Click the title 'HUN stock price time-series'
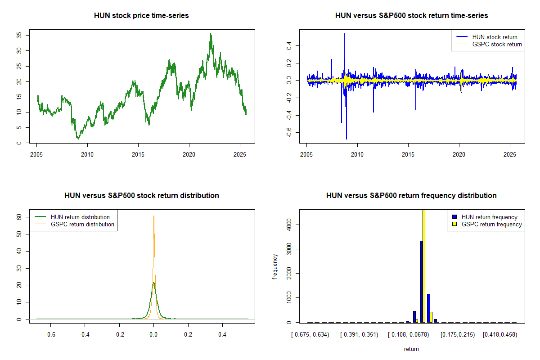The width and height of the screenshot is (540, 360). [x=141, y=15]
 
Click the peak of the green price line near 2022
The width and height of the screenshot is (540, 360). [x=211, y=34]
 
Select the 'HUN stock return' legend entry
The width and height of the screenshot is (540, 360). [x=495, y=37]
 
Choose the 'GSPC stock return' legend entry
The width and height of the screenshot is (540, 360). [x=497, y=44]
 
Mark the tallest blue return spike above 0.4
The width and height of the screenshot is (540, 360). [x=344, y=34]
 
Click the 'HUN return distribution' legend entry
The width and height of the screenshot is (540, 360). [x=80, y=217]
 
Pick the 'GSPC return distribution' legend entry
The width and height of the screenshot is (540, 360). [x=82, y=224]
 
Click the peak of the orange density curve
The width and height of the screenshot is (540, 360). [x=154, y=216]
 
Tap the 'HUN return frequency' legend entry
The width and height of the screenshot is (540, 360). [x=489, y=217]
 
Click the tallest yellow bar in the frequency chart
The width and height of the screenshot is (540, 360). [x=424, y=265]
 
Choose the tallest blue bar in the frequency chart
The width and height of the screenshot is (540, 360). [x=421, y=281]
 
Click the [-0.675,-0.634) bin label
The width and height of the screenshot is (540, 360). [x=310, y=335]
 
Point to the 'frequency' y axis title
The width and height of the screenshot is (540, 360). [x=275, y=267]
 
